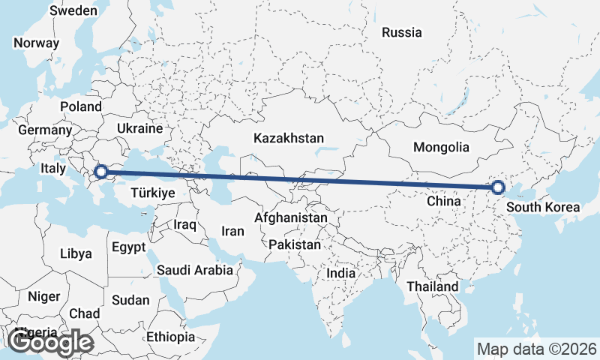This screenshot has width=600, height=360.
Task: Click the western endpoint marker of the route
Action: pyautogui.click(x=100, y=172)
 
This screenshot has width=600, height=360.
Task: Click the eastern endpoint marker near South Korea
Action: pyautogui.click(x=498, y=187)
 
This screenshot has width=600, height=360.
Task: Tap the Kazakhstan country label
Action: pyautogui.click(x=289, y=139)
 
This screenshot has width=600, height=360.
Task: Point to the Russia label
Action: pyautogui.click(x=402, y=32)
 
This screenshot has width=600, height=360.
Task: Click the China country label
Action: pyautogui.click(x=443, y=201)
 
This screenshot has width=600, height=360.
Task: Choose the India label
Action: pyautogui.click(x=340, y=274)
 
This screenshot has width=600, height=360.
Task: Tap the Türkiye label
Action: pyautogui.click(x=152, y=193)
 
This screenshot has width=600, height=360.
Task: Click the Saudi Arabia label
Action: pyautogui.click(x=195, y=269)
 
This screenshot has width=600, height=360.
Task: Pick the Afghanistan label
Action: pyautogui.click(x=291, y=217)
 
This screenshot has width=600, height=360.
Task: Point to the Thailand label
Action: pyautogui.click(x=432, y=286)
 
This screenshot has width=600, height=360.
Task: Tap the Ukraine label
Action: pyautogui.click(x=139, y=128)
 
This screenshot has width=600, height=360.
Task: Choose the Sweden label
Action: pyautogui.click(x=73, y=10)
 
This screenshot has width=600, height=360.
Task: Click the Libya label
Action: pyautogui.click(x=76, y=253)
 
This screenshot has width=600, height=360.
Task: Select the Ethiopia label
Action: pyautogui.click(x=170, y=337)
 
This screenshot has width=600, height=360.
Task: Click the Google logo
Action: pyautogui.click(x=51, y=342)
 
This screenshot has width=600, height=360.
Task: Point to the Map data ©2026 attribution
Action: pyautogui.click(x=537, y=349)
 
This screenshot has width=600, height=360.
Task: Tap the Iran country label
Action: pyautogui.click(x=233, y=231)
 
